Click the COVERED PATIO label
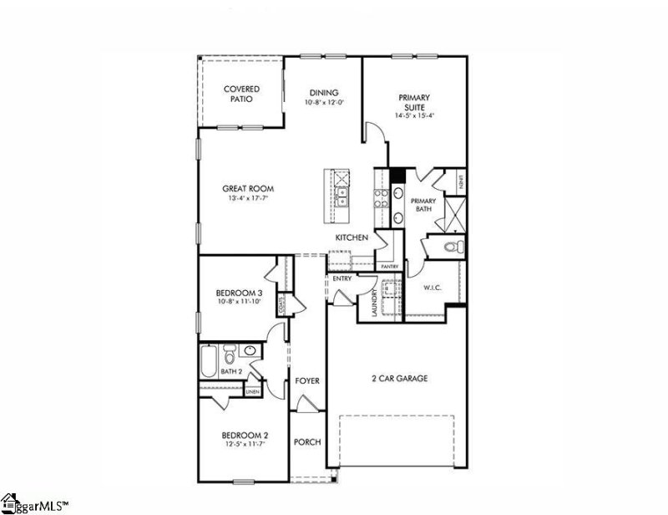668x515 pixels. tap(241, 94)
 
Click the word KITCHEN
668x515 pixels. tap(352, 237)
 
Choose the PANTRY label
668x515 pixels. tap(389, 266)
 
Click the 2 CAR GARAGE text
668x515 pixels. tap(399, 379)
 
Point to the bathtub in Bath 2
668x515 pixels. tap(209, 361)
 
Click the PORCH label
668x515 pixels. tap(307, 441)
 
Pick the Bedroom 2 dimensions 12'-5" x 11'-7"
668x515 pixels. tap(244, 445)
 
